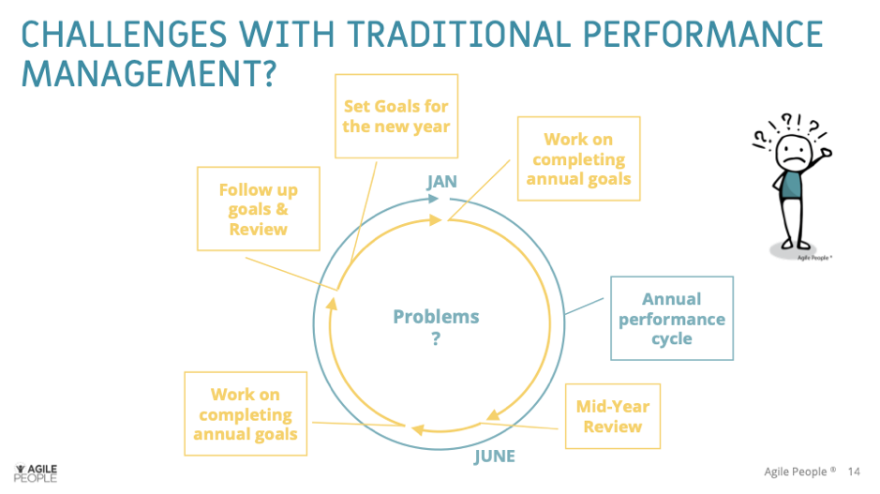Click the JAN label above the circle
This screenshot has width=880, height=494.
point(441,182)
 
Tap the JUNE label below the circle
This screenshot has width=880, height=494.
point(494,457)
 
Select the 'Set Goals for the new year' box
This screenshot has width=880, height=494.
point(395,116)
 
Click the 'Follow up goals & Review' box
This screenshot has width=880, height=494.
point(258,209)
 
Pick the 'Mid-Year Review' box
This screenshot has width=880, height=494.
point(612,416)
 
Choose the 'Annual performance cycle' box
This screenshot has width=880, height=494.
point(671,319)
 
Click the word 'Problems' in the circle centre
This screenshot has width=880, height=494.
point(436,317)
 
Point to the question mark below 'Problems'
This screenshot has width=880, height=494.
point(436,339)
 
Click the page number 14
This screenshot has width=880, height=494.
point(854,472)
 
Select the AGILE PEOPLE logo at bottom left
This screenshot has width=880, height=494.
point(37,472)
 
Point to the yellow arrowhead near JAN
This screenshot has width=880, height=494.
point(435,219)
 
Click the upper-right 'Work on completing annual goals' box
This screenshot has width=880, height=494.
point(578,158)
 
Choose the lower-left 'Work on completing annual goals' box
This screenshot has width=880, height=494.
point(245,414)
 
